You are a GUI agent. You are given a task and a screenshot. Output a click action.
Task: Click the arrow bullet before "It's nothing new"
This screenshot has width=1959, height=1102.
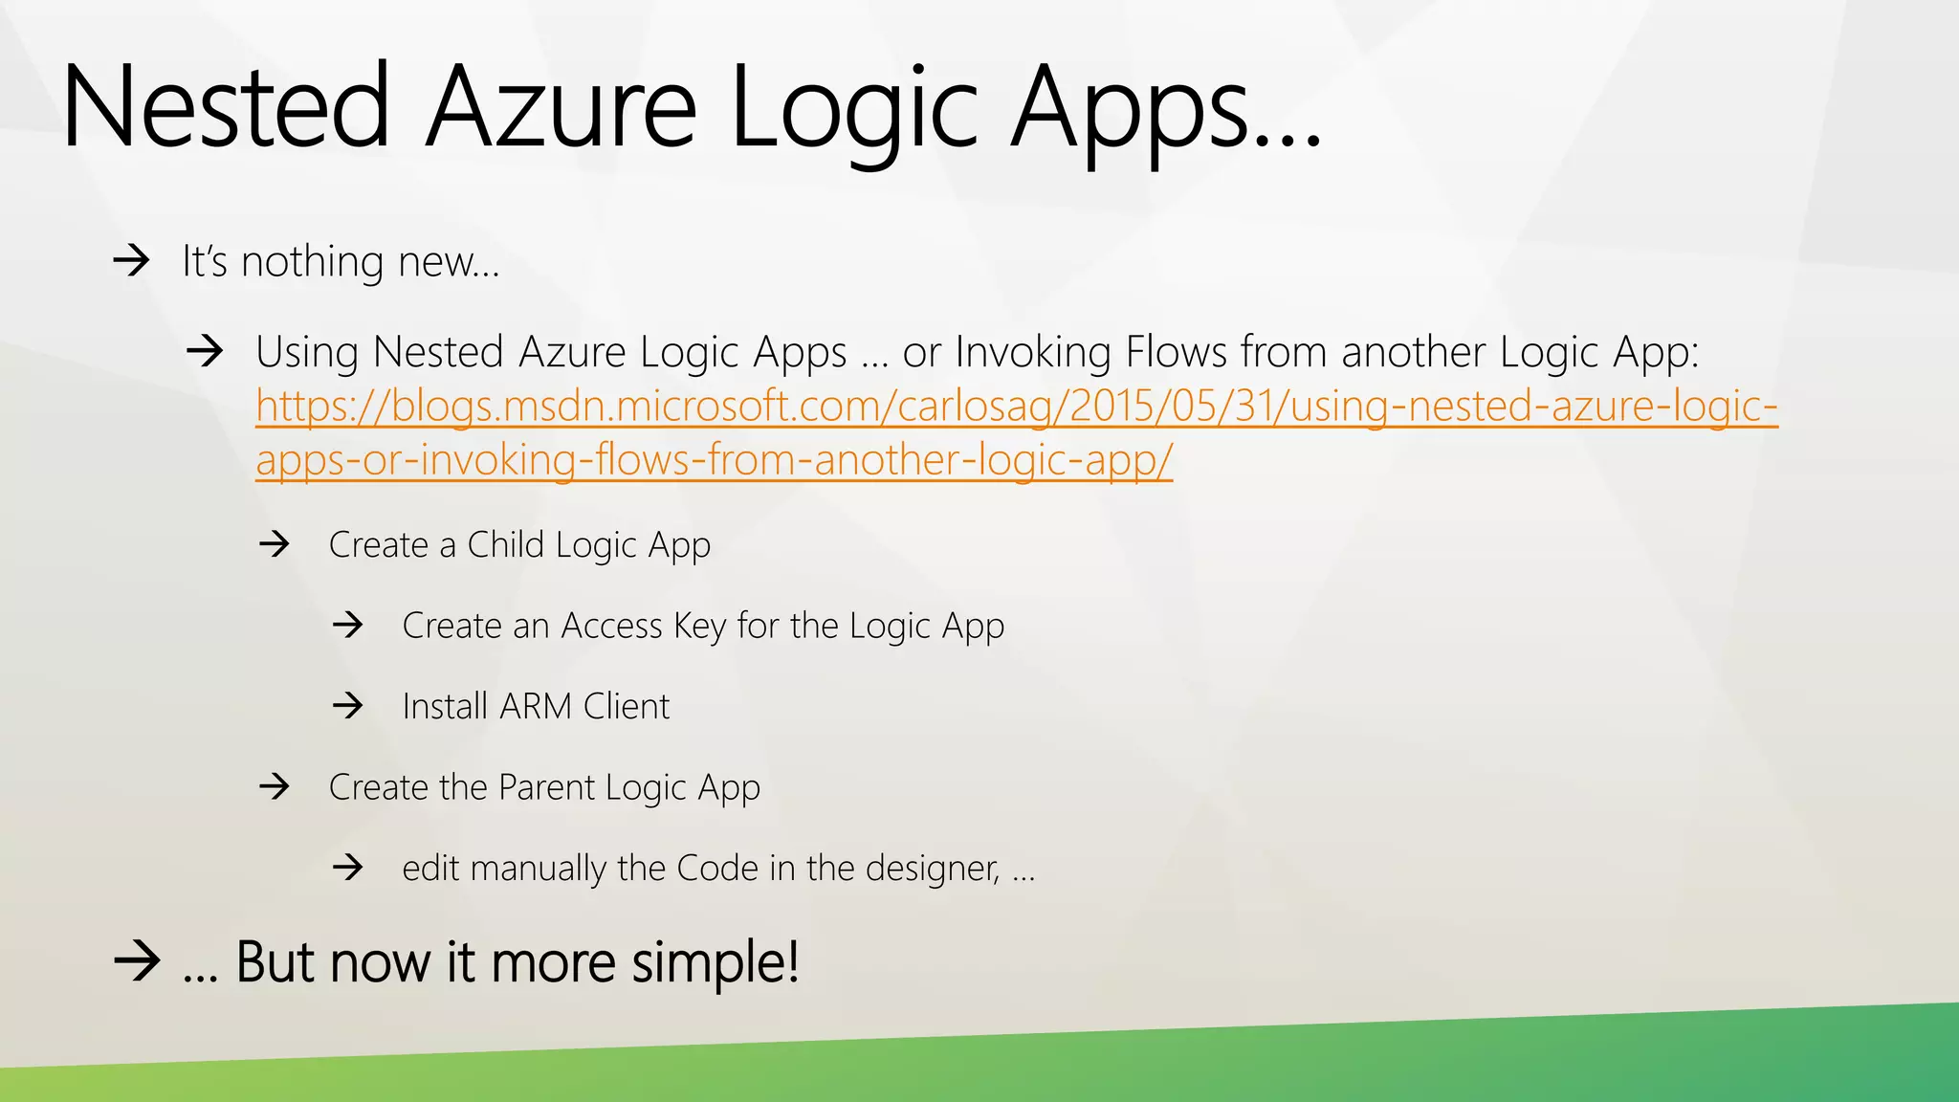pos(131,260)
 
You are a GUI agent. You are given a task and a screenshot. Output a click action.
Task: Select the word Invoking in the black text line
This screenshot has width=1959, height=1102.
pos(1033,352)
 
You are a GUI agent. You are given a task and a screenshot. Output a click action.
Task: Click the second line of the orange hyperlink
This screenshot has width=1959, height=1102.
pos(714,460)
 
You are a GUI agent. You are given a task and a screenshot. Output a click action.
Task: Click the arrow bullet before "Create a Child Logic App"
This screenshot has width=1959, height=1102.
pos(275,544)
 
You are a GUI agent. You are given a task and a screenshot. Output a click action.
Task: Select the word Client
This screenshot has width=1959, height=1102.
pos(627,706)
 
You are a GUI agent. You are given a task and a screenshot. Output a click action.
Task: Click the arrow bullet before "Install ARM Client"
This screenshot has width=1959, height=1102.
pos(348,706)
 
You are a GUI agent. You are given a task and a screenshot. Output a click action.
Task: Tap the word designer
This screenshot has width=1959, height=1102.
pos(932,868)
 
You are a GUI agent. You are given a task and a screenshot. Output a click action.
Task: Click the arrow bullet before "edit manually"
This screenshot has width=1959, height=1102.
pos(348,868)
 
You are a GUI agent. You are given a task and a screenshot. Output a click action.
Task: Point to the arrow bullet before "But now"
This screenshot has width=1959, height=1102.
pos(136,960)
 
